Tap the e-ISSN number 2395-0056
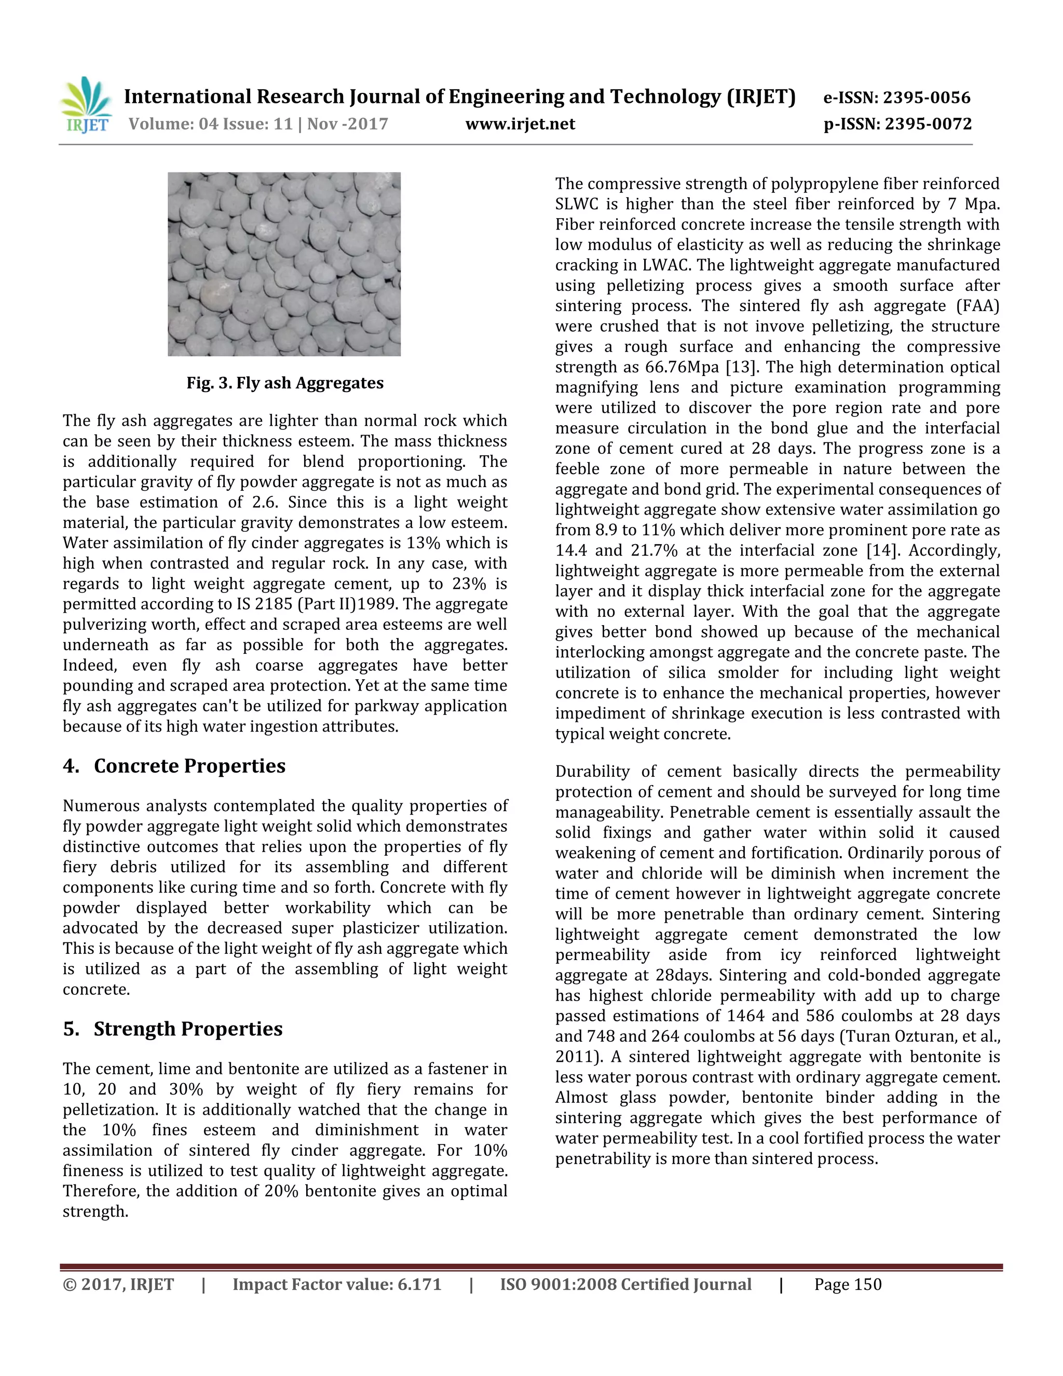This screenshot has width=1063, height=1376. point(926,98)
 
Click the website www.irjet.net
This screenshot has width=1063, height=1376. point(520,124)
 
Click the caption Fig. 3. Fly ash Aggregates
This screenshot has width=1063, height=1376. point(284,383)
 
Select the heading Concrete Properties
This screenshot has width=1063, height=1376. point(189,765)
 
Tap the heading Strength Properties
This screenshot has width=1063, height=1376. point(188,1028)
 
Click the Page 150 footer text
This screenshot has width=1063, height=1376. point(848,1285)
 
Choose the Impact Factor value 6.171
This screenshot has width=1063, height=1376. point(419,1285)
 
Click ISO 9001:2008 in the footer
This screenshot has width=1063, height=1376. point(558,1285)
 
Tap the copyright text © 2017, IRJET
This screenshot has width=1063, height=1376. point(118,1285)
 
